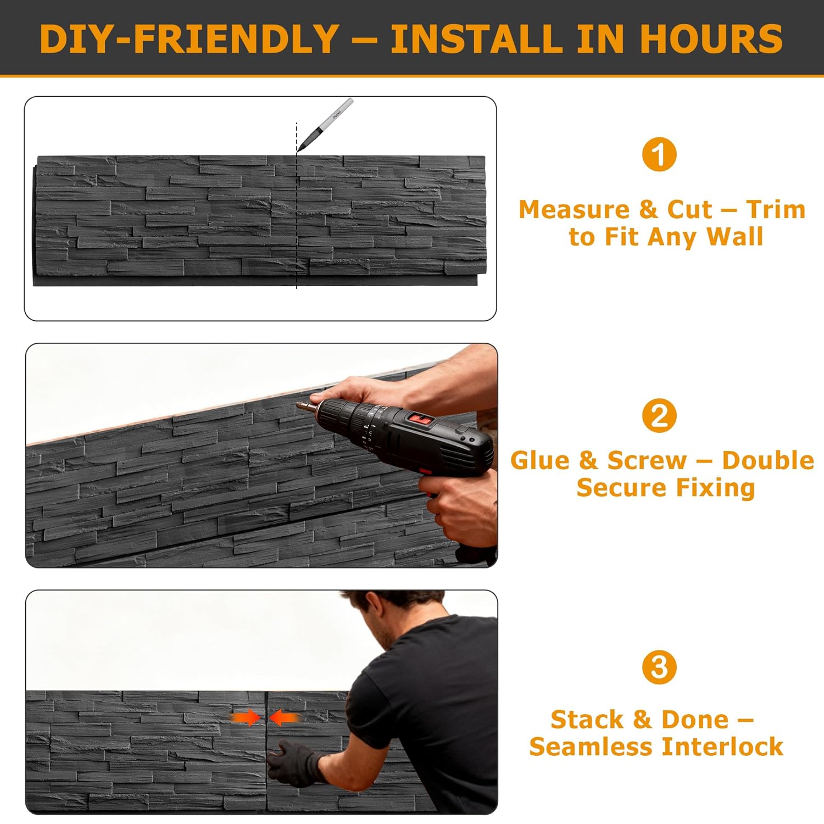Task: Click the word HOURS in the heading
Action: pyautogui.click(x=711, y=38)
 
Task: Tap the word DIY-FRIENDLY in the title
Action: pyautogui.click(x=189, y=38)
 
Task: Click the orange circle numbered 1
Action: pyautogui.click(x=659, y=154)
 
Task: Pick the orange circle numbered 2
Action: pyautogui.click(x=659, y=416)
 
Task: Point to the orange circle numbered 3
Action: pyautogui.click(x=659, y=667)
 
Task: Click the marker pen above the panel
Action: pyautogui.click(x=325, y=125)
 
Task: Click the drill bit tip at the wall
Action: pyautogui.click(x=298, y=405)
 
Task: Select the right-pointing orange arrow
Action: pyautogui.click(x=245, y=717)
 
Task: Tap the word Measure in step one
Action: pyautogui.click(x=574, y=209)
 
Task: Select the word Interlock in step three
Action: pyautogui.click(x=722, y=747)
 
